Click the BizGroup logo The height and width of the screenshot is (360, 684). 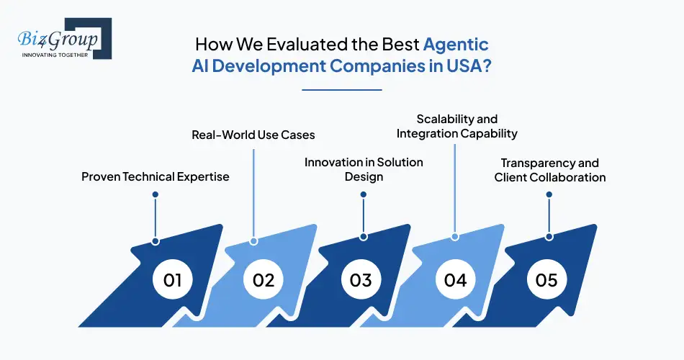click(x=61, y=38)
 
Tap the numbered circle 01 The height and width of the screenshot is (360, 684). click(x=172, y=279)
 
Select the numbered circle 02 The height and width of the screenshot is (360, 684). click(x=264, y=279)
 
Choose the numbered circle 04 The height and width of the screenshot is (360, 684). click(x=455, y=279)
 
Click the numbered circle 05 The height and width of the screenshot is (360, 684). click(x=546, y=279)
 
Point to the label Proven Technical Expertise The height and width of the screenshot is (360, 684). click(x=155, y=177)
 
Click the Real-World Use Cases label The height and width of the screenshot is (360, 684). click(x=253, y=135)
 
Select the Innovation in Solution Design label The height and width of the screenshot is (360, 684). click(x=364, y=169)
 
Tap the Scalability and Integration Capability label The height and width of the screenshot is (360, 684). click(x=456, y=126)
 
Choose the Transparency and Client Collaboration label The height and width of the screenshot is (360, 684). click(x=549, y=171)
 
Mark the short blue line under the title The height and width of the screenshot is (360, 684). click(x=341, y=90)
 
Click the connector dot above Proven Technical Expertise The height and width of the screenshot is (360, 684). click(x=155, y=194)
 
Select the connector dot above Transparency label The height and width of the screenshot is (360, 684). click(x=549, y=194)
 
